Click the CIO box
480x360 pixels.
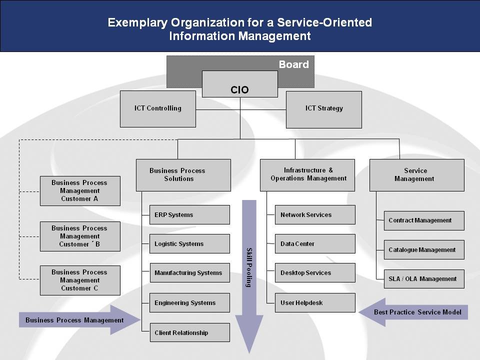(239, 84)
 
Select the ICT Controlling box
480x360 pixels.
(158, 108)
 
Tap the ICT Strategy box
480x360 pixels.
(324, 109)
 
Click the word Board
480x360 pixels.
(293, 64)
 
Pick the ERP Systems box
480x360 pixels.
(189, 214)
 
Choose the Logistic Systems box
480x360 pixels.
(189, 243)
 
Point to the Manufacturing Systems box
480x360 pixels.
(190, 273)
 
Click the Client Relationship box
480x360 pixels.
(190, 332)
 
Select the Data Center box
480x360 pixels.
(315, 243)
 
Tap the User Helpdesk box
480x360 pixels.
(315, 303)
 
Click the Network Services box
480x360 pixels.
(315, 214)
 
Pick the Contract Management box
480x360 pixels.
(424, 220)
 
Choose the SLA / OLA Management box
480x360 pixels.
(424, 279)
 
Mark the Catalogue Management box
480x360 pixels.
(424, 250)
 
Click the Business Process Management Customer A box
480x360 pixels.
(80, 190)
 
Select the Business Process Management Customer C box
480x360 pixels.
(80, 280)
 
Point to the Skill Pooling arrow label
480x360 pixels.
(249, 267)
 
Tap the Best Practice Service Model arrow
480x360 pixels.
(413, 312)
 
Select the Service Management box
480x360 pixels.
(417, 175)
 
